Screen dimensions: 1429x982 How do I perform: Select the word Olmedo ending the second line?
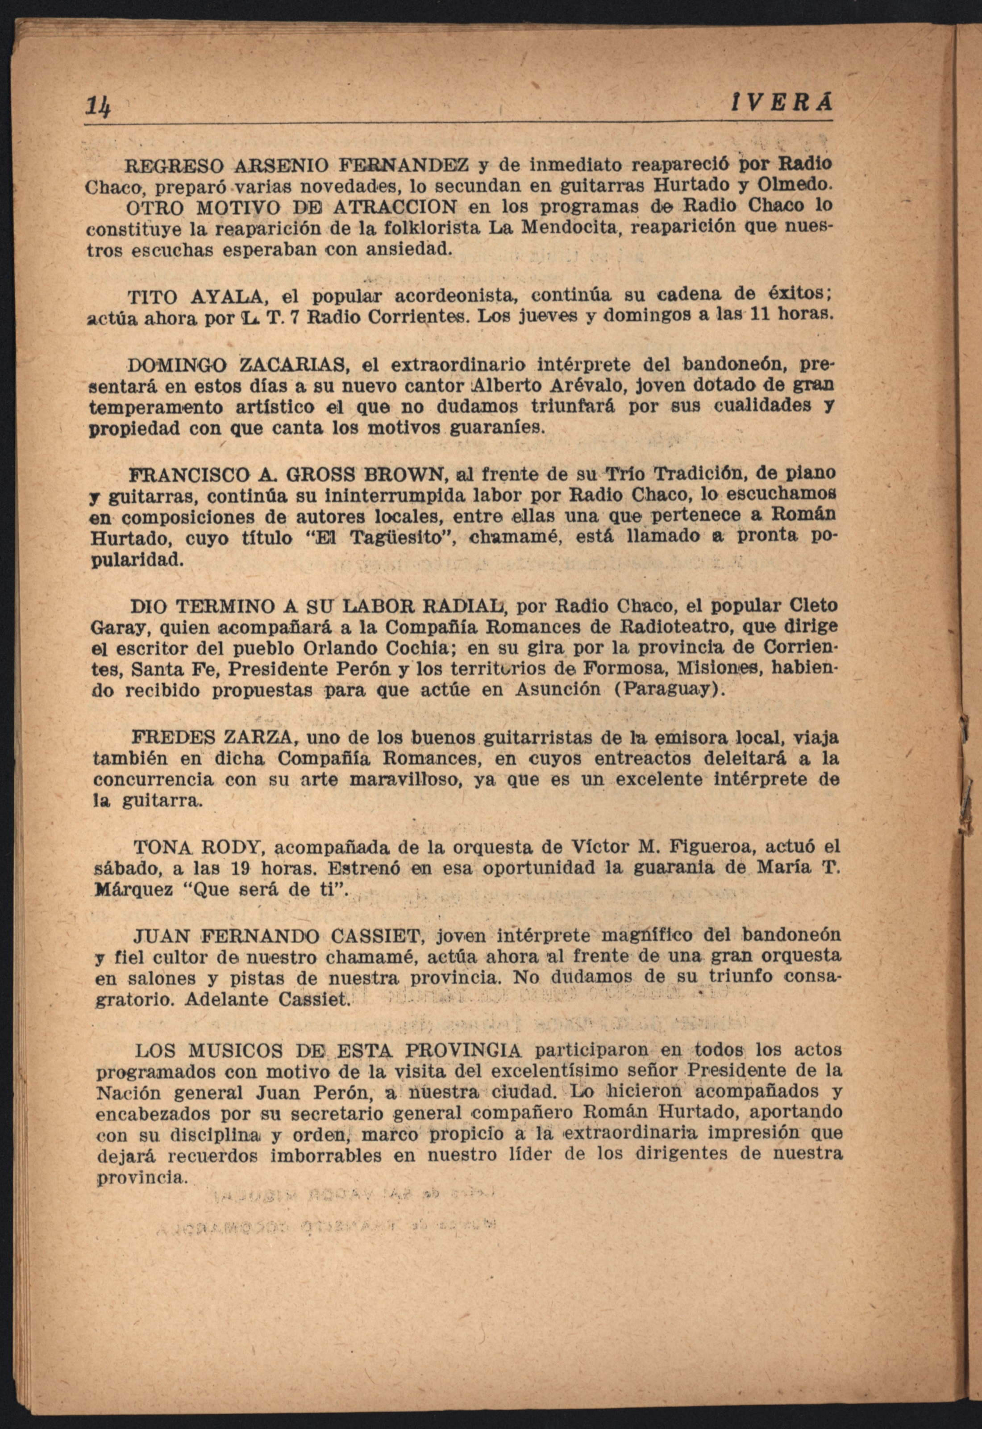pyautogui.click(x=795, y=184)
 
